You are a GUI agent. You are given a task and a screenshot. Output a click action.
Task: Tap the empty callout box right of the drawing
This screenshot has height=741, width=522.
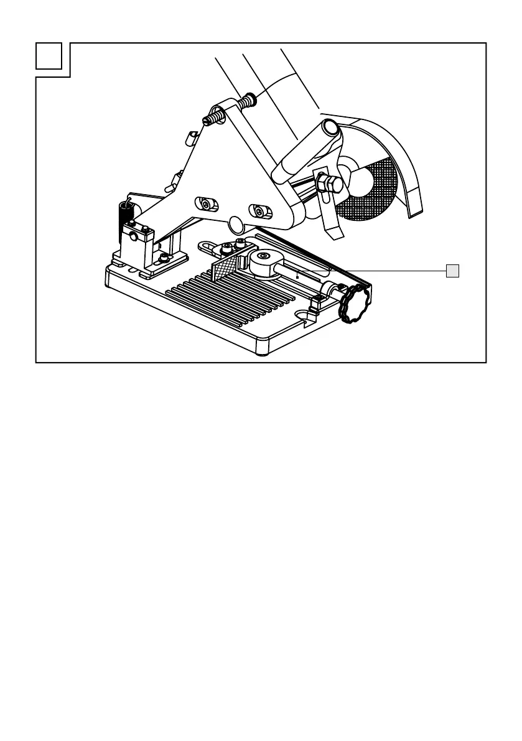click(x=453, y=271)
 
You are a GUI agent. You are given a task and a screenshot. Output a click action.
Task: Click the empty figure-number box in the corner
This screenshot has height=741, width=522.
click(x=49, y=57)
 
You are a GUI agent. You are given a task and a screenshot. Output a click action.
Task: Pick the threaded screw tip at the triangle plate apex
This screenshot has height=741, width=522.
click(x=212, y=118)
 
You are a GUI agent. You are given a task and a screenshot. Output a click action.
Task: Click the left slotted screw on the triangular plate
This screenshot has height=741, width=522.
click(x=205, y=203)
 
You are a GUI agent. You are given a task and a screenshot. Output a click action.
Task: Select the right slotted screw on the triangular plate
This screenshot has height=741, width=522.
click(x=258, y=212)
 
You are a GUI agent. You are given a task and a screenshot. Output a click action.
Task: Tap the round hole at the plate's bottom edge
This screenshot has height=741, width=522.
click(x=236, y=223)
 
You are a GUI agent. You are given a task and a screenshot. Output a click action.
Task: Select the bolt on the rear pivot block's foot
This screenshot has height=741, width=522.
click(x=163, y=258)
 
